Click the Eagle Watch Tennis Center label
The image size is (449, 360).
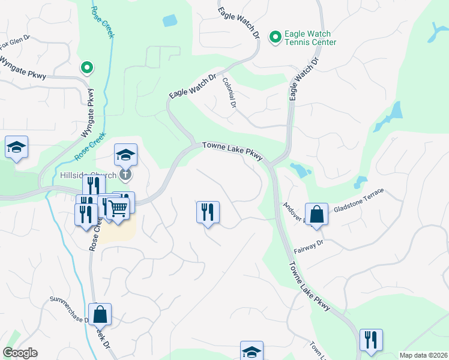(x=310, y=38)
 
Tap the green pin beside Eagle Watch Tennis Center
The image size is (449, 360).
(x=276, y=38)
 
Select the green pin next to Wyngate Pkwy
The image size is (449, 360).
(x=87, y=68)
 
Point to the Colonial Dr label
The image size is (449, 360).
(x=229, y=92)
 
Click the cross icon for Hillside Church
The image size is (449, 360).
(x=125, y=175)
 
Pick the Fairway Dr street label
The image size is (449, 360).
(x=309, y=246)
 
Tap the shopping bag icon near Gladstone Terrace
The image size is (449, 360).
(x=316, y=214)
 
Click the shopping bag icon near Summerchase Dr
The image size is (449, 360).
(x=100, y=314)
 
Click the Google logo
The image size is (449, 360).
(x=20, y=353)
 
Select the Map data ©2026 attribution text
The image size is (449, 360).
(x=423, y=355)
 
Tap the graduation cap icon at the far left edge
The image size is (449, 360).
(x=17, y=147)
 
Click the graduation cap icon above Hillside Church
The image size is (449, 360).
(x=125, y=155)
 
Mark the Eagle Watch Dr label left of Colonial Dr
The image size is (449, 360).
(x=192, y=86)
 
